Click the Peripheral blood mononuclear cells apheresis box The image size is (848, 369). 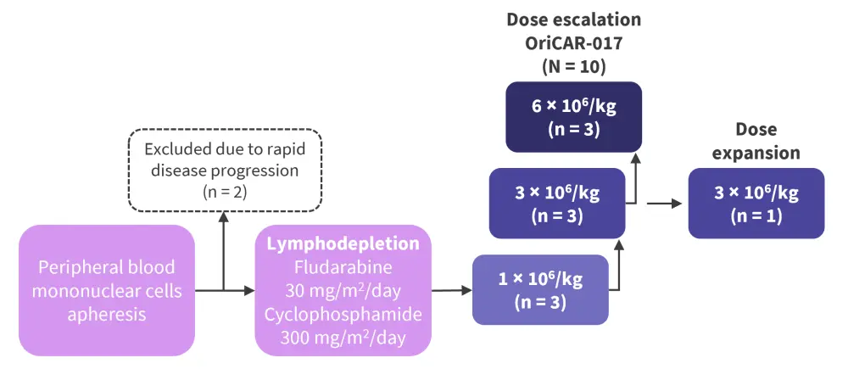pos(107,290)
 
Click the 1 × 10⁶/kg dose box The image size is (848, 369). pos(540,289)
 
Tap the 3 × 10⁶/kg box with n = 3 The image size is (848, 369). pos(557,203)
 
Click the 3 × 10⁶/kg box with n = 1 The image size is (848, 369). pos(756,203)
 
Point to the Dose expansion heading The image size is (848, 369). pos(756,142)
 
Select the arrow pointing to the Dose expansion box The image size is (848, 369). pos(666,204)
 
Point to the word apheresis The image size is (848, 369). pos(107,313)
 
